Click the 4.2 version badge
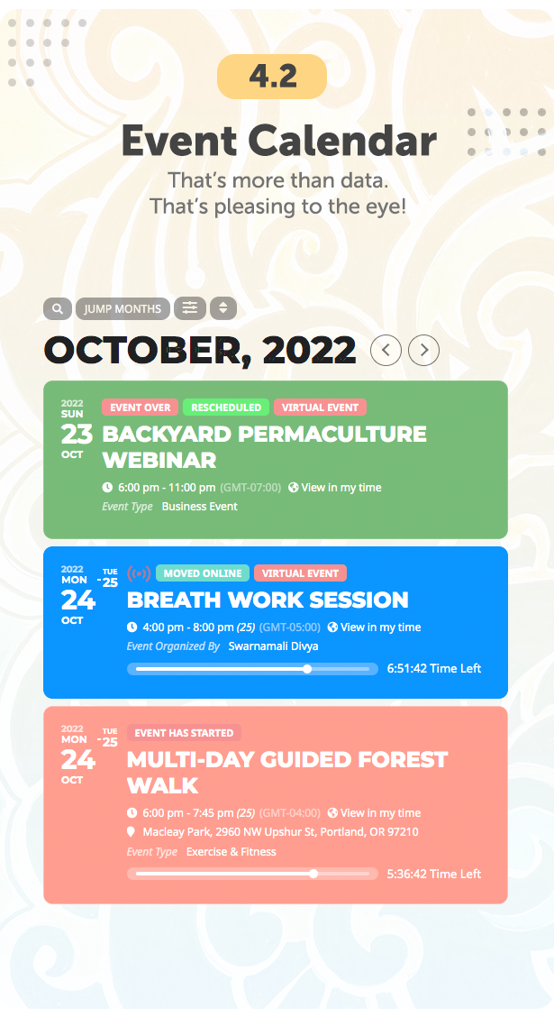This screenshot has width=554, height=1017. [271, 77]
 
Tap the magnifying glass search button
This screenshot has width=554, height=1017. [58, 308]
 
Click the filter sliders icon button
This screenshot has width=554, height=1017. [190, 308]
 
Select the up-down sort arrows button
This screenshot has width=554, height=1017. [223, 308]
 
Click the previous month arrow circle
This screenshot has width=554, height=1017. [386, 351]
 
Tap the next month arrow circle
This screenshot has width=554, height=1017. [423, 351]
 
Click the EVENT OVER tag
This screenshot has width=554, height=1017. [140, 408]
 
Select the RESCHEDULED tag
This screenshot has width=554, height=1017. [225, 408]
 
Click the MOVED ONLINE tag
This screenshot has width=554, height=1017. [202, 573]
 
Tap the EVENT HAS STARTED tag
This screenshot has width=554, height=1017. [184, 733]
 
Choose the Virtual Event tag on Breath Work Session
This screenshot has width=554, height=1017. [300, 573]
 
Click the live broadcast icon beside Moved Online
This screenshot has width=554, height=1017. [139, 573]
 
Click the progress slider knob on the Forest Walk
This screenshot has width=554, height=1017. [313, 874]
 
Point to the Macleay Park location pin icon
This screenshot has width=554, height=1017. [131, 831]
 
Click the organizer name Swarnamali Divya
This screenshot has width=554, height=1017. [274, 646]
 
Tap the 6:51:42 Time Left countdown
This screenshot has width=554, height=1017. [434, 669]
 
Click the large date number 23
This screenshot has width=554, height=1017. [77, 434]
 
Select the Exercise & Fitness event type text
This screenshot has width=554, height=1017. [232, 852]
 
